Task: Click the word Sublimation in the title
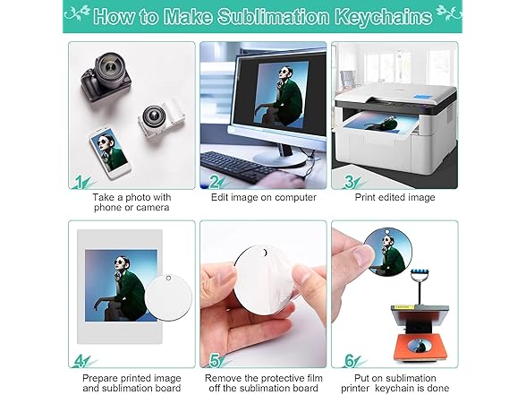(x=274, y=16)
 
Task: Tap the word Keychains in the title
(x=384, y=17)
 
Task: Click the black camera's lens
(x=110, y=70)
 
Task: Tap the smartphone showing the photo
(x=109, y=152)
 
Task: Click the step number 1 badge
(x=80, y=182)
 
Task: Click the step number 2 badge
(x=215, y=183)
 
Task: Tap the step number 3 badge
(x=350, y=182)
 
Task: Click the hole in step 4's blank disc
(x=168, y=278)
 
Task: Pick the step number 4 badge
(x=80, y=362)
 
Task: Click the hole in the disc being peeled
(x=265, y=253)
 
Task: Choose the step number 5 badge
(x=215, y=362)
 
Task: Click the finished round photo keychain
(x=388, y=252)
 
